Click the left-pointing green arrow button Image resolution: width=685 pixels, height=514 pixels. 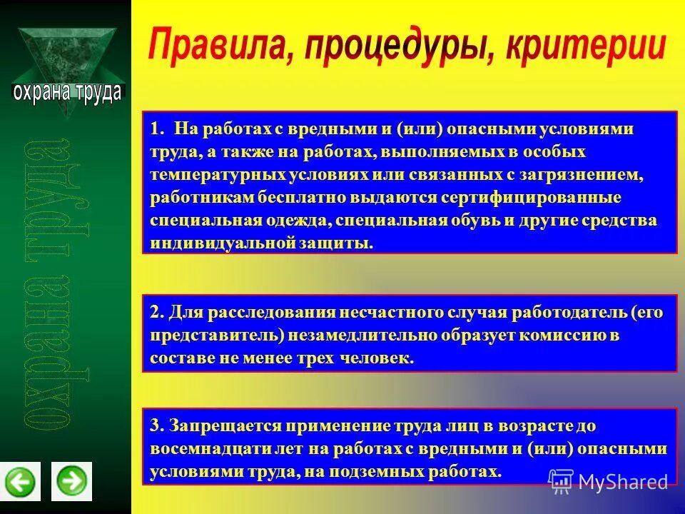point(21,480)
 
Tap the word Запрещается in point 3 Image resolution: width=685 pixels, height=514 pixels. point(225,426)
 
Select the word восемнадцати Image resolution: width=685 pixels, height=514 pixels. point(207,449)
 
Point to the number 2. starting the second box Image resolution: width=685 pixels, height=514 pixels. point(157,312)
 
